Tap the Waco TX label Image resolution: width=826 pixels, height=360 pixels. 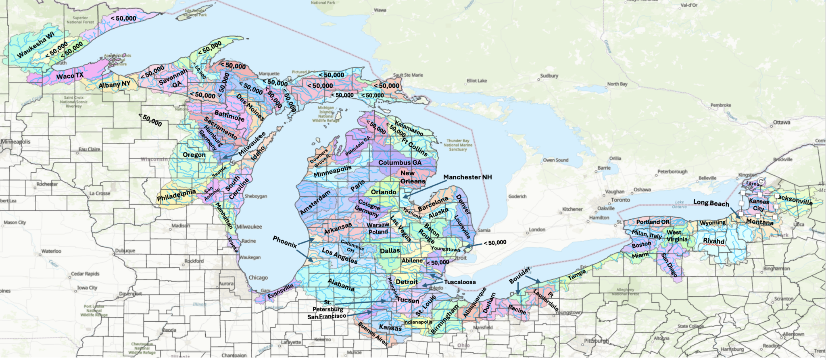[70, 76]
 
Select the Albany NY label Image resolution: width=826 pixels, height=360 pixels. [115, 84]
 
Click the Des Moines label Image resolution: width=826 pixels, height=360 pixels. [250, 108]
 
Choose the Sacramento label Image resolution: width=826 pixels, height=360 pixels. [220, 129]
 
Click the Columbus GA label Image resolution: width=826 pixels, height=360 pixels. [400, 162]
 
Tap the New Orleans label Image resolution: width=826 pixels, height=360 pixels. [412, 177]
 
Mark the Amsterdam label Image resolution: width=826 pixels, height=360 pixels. [315, 202]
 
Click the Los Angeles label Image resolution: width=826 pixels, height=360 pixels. [339, 256]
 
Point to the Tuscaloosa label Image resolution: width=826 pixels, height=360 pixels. [460, 282]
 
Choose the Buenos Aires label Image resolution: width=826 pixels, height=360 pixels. [373, 334]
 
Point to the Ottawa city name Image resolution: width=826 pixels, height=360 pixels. [781, 123]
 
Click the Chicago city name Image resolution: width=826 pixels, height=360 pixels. [258, 277]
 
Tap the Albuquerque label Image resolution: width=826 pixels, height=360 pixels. [475, 302]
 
